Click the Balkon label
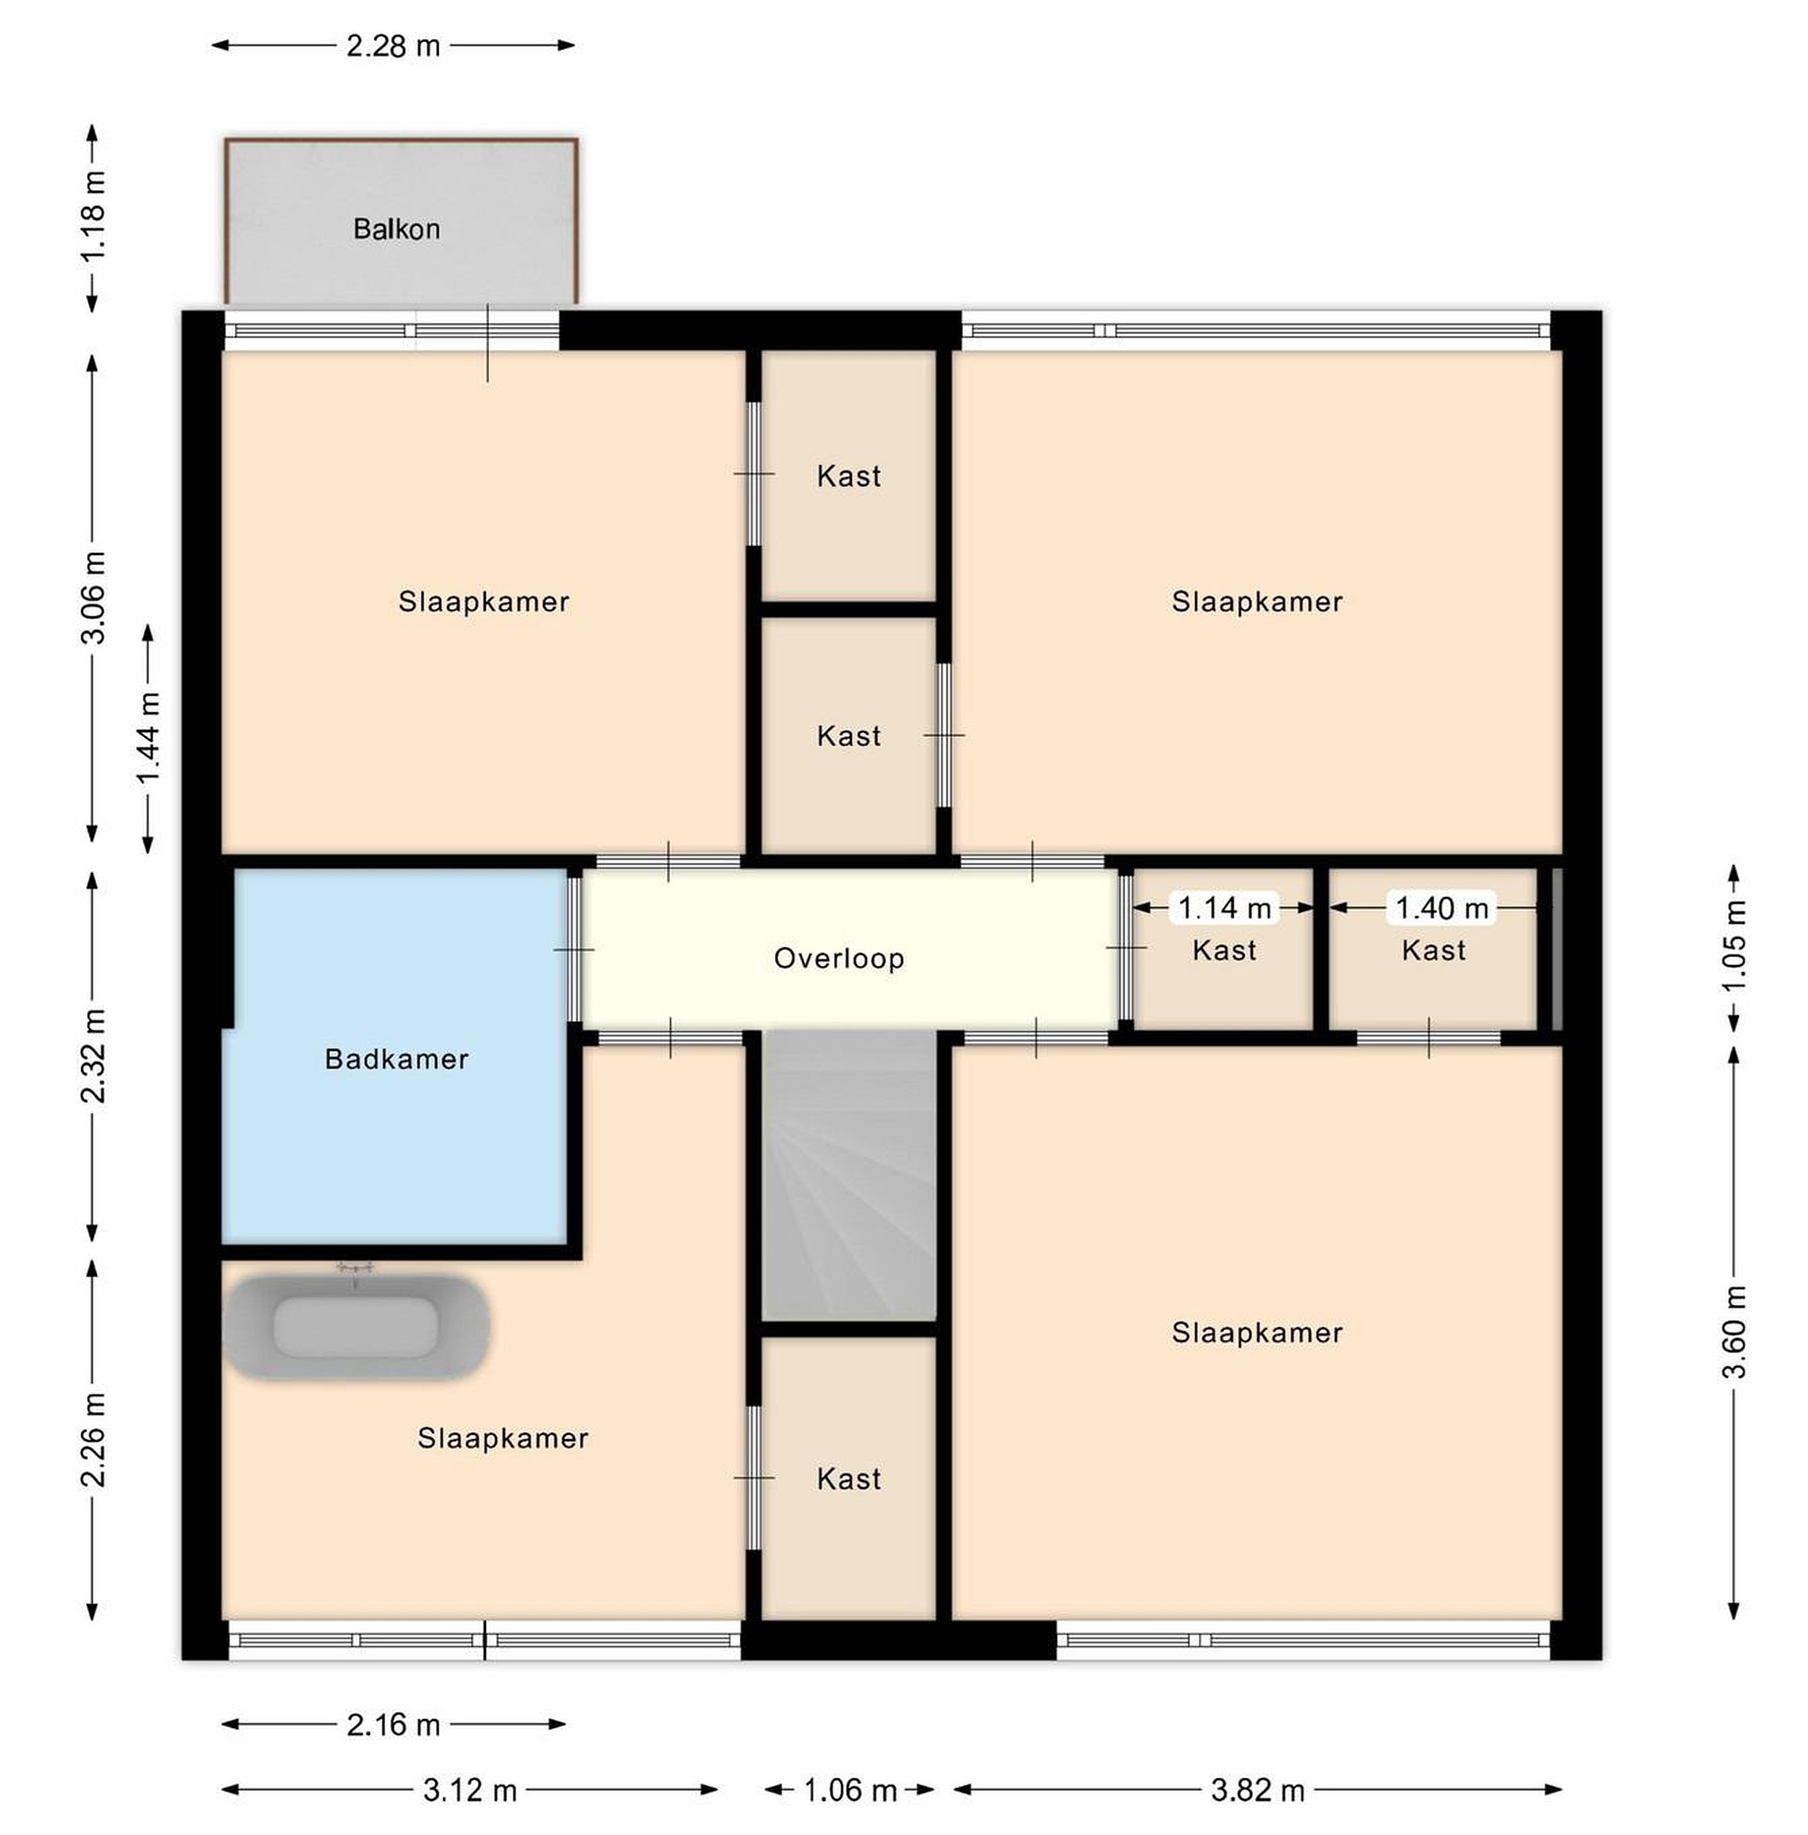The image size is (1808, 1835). (x=396, y=229)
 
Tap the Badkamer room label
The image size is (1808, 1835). (x=397, y=1059)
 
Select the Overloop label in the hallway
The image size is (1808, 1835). (x=839, y=958)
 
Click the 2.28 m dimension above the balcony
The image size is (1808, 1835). (x=393, y=46)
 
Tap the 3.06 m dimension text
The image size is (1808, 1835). (x=93, y=598)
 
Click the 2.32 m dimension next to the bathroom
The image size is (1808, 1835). (x=93, y=1056)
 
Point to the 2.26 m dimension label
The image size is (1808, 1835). (x=93, y=1440)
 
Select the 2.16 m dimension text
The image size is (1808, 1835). (x=393, y=1725)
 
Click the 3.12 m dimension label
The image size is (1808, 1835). (x=470, y=1791)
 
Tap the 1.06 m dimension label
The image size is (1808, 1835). (x=850, y=1791)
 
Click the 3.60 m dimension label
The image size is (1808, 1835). (x=1735, y=1332)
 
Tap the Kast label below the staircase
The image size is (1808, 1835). (x=849, y=1479)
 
